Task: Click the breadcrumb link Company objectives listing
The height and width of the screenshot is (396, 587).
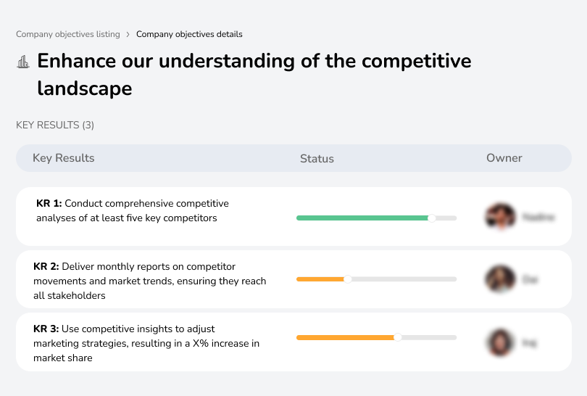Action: (x=67, y=34)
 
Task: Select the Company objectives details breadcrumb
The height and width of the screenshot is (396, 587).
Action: (x=189, y=34)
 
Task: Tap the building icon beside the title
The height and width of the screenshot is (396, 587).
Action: (x=23, y=62)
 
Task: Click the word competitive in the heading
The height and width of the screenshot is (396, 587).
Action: (x=407, y=60)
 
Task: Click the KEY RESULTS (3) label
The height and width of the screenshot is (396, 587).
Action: (x=55, y=125)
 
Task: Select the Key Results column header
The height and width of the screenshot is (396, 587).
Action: (x=64, y=158)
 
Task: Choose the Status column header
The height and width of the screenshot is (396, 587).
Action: (x=317, y=158)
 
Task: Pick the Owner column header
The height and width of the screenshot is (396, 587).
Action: (x=504, y=158)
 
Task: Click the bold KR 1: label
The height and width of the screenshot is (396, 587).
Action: (x=49, y=204)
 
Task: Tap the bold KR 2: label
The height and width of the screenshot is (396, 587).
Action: (x=46, y=267)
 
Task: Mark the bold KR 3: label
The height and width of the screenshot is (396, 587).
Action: (x=46, y=329)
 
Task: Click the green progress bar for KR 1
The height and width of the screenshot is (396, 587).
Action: (x=362, y=218)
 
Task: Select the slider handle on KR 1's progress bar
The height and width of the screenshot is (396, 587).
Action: (x=432, y=218)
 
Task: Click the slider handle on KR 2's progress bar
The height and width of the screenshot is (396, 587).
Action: (x=347, y=279)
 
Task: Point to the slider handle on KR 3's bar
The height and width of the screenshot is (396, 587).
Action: (x=398, y=337)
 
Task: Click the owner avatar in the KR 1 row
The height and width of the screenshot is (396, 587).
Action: (x=500, y=216)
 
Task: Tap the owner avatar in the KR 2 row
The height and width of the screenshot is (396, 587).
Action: (x=500, y=279)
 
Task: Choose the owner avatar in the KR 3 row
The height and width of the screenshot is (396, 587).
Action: (x=500, y=342)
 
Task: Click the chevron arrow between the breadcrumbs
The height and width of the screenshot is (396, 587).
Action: (x=128, y=34)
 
